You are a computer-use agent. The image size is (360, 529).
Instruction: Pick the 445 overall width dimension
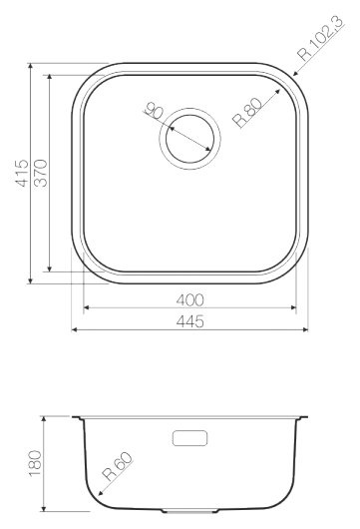tap(190, 320)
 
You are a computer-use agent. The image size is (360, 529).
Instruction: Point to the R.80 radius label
tap(245, 110)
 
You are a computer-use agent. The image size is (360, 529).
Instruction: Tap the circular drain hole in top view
tap(187, 132)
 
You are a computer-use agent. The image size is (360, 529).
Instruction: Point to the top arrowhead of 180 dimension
tap(47, 416)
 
